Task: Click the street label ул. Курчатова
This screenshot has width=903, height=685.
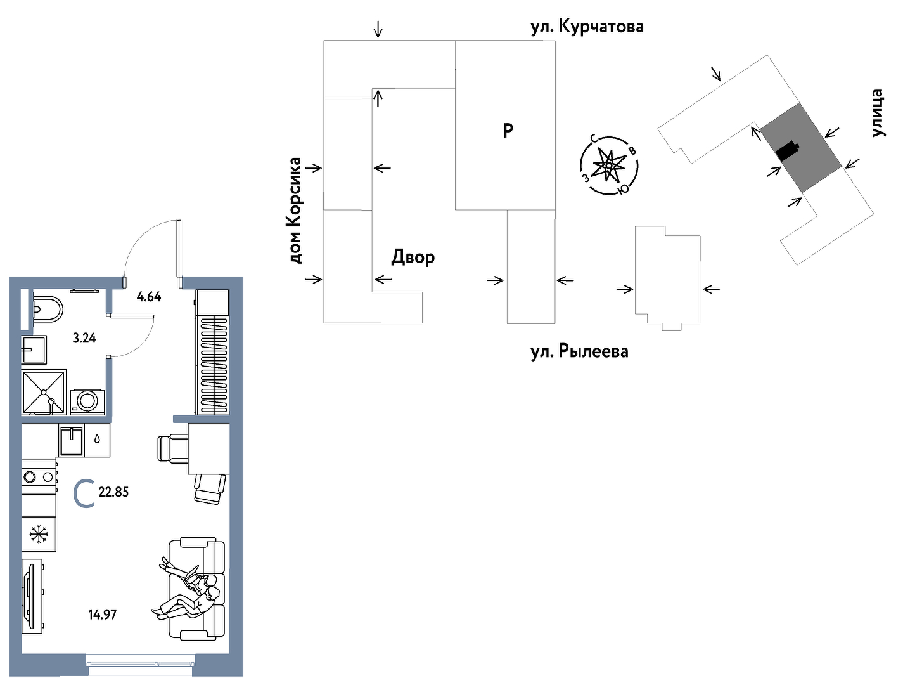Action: coord(587,27)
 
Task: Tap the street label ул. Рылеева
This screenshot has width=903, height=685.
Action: coord(579,351)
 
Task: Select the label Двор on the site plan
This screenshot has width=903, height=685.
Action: coord(413,257)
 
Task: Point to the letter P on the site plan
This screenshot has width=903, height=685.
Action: coord(508,131)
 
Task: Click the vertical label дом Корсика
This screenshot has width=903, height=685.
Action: coord(295,211)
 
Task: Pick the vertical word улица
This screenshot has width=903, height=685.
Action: coord(876,114)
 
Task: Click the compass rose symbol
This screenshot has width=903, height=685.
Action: coord(609,166)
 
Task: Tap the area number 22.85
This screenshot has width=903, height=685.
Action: coord(113,492)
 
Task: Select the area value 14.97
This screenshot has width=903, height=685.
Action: coord(103,614)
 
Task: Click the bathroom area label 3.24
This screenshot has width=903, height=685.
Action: coord(84,338)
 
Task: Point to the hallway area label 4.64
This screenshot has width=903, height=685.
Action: coord(149,296)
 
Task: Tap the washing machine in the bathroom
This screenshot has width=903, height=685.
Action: coord(87,401)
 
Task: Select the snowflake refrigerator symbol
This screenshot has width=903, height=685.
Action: coord(39,534)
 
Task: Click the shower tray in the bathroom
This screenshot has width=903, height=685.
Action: coord(44,392)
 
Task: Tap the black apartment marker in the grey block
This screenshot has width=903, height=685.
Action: coord(787,151)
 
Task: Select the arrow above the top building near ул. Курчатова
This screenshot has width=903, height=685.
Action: coord(378,29)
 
